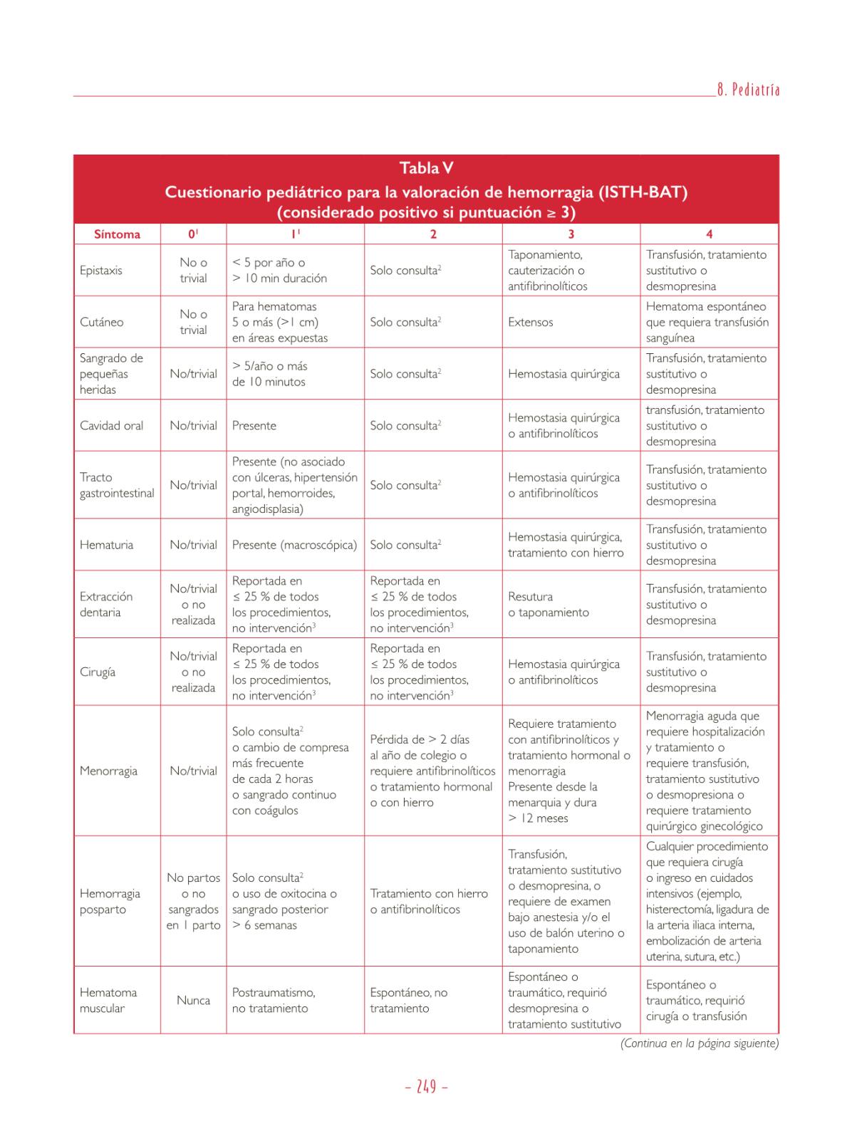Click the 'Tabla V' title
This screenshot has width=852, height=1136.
pyautogui.click(x=426, y=168)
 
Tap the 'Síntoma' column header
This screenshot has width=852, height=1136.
pyautogui.click(x=117, y=234)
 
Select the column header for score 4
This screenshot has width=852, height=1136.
pyautogui.click(x=709, y=234)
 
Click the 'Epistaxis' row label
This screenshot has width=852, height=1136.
pyautogui.click(x=101, y=271)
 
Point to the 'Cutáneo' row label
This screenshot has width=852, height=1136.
pyautogui.click(x=101, y=322)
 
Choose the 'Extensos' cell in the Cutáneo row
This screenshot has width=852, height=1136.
pyautogui.click(x=531, y=322)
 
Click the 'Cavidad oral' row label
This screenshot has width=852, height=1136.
pyautogui.click(x=111, y=425)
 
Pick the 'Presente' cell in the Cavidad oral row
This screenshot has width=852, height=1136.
pyautogui.click(x=254, y=425)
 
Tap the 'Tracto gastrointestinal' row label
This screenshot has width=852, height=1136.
pyautogui.click(x=117, y=485)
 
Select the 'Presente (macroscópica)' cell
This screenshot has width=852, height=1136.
pyautogui.click(x=294, y=545)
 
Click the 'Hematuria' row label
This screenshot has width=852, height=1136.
pyautogui.click(x=103, y=545)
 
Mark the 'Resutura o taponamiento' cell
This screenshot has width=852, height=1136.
pyautogui.click(x=549, y=605)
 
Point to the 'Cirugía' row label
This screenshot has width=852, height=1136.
pyautogui.click(x=98, y=672)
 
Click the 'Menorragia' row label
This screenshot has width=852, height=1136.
pyautogui.click(x=108, y=771)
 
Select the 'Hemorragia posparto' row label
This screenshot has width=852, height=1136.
pyautogui.click(x=110, y=902)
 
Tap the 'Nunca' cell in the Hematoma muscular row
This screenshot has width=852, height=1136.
pyautogui.click(x=193, y=1000)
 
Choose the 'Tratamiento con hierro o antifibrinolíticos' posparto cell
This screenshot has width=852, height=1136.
pyautogui.click(x=429, y=902)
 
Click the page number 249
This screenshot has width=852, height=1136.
pyautogui.click(x=426, y=1088)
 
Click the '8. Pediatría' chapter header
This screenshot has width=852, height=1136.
pyautogui.click(x=748, y=90)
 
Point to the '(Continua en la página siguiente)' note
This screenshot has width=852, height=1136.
pyautogui.click(x=700, y=1043)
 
